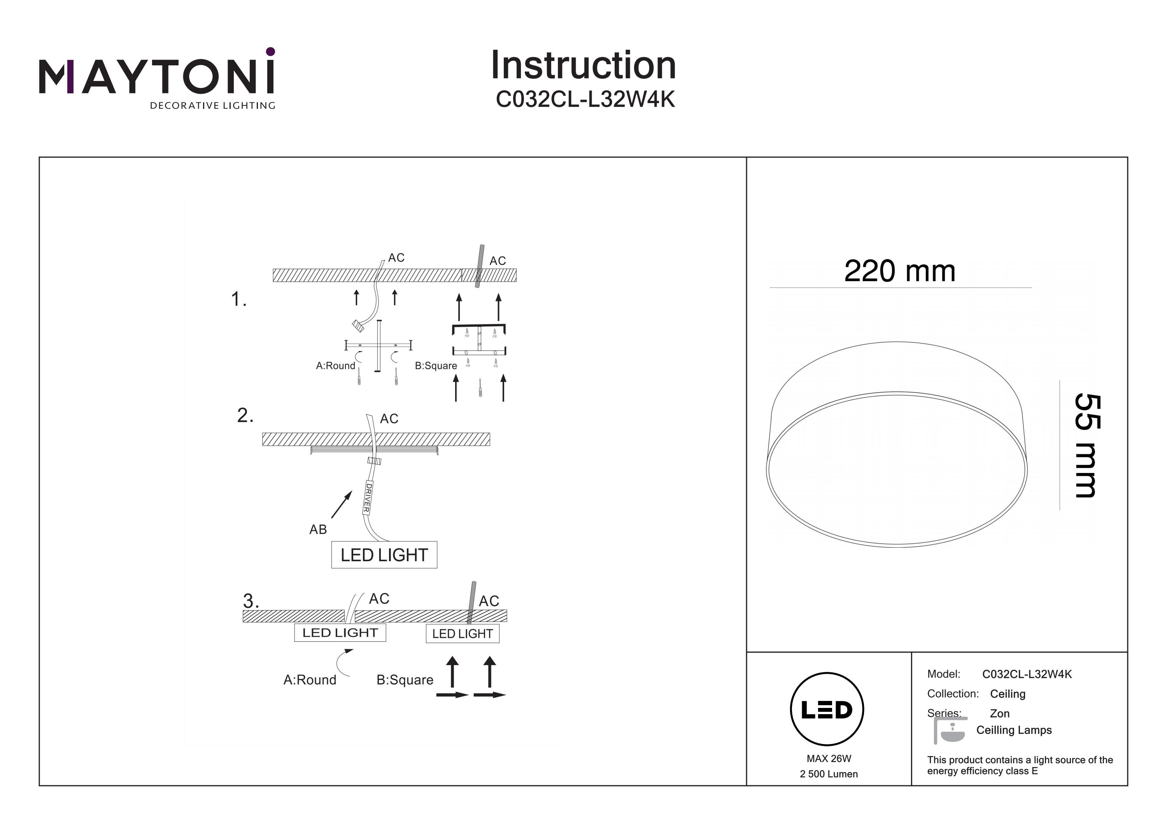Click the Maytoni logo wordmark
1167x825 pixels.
point(156,76)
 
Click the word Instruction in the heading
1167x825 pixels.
point(583,66)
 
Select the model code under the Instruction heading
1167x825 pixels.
point(585,100)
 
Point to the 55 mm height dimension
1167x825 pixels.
point(1087,445)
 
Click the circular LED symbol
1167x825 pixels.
point(827,709)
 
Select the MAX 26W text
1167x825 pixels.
point(829,758)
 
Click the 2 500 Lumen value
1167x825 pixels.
point(829,774)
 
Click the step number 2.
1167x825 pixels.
point(245,415)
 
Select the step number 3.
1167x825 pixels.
point(251,601)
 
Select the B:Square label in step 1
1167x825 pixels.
point(436,366)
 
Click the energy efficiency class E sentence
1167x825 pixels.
point(1019,765)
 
